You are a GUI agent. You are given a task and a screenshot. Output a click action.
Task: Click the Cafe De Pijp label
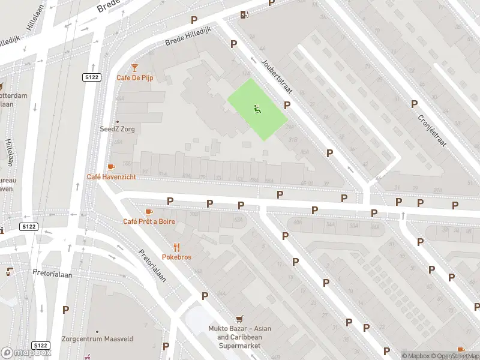(x=134, y=79)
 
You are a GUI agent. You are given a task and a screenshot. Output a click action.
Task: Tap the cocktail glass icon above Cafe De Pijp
(x=134, y=68)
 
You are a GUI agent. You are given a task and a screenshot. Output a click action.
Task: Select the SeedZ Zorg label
(x=117, y=129)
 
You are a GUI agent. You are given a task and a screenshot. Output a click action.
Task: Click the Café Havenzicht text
(x=111, y=176)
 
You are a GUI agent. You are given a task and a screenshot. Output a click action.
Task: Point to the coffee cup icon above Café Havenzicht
(x=110, y=167)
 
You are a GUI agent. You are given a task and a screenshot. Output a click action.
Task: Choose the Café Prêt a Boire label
(x=149, y=221)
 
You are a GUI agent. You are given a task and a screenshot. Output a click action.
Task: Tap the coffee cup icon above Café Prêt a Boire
(x=149, y=212)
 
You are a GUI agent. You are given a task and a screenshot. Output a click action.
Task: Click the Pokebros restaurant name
(x=176, y=257)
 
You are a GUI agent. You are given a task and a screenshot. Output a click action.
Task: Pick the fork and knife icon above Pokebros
(x=176, y=247)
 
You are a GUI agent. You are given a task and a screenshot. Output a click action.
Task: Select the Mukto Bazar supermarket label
(x=239, y=337)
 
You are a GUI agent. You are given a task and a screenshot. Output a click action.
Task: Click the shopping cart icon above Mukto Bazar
(x=239, y=319)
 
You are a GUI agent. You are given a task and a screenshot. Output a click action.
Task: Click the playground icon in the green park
(x=257, y=109)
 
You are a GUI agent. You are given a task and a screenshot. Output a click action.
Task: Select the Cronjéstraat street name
(x=433, y=130)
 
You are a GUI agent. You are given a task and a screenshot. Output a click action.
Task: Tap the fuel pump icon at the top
(x=244, y=15)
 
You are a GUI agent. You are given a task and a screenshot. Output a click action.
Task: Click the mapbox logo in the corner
(x=26, y=353)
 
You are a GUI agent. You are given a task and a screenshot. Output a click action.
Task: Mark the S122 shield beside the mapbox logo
(x=41, y=345)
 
